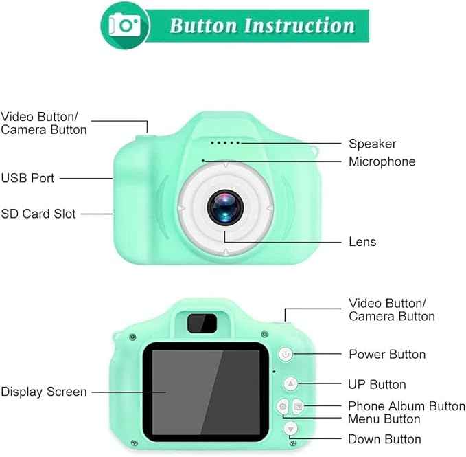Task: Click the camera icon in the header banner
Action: coord(126,25)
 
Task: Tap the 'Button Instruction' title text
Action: coord(261,26)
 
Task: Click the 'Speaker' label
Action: coord(372,144)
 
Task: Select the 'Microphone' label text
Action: coord(382,161)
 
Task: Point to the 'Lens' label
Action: coord(362,241)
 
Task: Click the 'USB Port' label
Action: coord(27,178)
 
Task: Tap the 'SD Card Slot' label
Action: coord(38,214)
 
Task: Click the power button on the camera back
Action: coord(286,355)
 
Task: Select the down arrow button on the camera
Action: coord(291,429)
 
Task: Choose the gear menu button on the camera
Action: coord(283,407)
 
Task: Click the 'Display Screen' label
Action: coord(44,392)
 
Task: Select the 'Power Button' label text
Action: coord(387,355)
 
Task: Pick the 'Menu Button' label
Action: coord(384,419)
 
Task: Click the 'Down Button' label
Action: coord(384,439)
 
